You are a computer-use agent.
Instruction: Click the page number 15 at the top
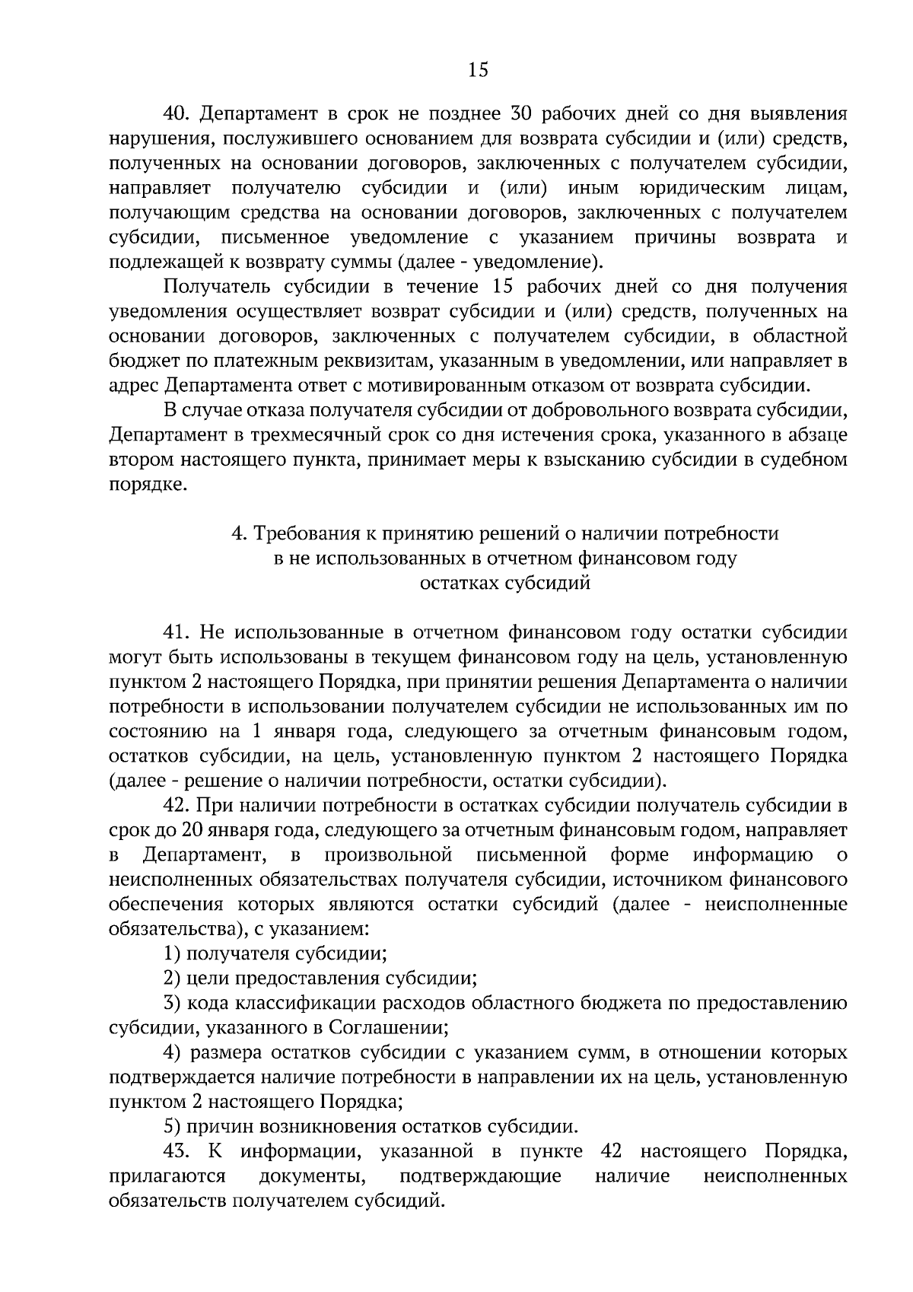tap(478, 71)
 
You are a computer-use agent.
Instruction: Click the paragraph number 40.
tap(177, 114)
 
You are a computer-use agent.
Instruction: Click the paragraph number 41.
tap(177, 633)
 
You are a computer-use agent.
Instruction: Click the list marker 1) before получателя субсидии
tap(172, 954)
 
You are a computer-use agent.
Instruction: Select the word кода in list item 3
tap(208, 1004)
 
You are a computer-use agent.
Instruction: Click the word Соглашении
tap(388, 1028)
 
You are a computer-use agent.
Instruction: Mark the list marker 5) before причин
tap(172, 1127)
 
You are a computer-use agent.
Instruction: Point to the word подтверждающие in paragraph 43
tap(480, 1176)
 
